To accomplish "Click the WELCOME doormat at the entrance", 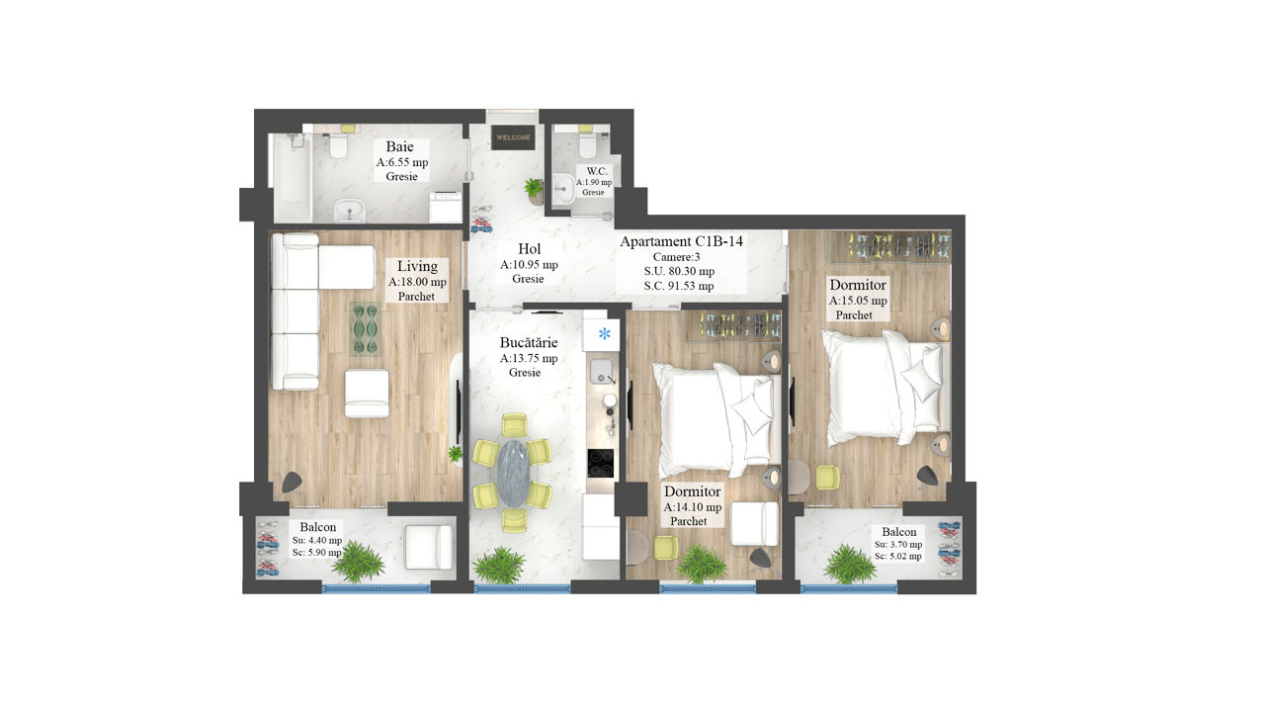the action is click(x=513, y=137).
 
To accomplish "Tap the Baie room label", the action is click(x=400, y=147).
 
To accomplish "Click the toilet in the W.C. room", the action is click(x=587, y=142).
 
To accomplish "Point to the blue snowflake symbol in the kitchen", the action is click(x=604, y=334).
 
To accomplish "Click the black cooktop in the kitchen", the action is click(x=600, y=464).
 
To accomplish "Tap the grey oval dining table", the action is click(x=513, y=474).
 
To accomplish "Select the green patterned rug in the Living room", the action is click(x=366, y=329).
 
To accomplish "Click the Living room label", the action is click(x=417, y=266).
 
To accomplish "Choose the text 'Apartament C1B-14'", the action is click(x=681, y=241).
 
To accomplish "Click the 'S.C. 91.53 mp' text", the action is click(x=679, y=286).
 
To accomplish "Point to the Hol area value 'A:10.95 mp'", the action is click(x=529, y=264).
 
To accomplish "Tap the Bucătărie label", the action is click(x=529, y=342).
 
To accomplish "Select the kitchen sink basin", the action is click(x=602, y=371).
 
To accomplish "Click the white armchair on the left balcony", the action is click(x=429, y=547).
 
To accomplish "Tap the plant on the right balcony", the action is click(x=849, y=564).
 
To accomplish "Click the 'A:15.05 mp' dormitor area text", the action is click(x=858, y=301).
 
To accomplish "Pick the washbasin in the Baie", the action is click(x=350, y=212).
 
